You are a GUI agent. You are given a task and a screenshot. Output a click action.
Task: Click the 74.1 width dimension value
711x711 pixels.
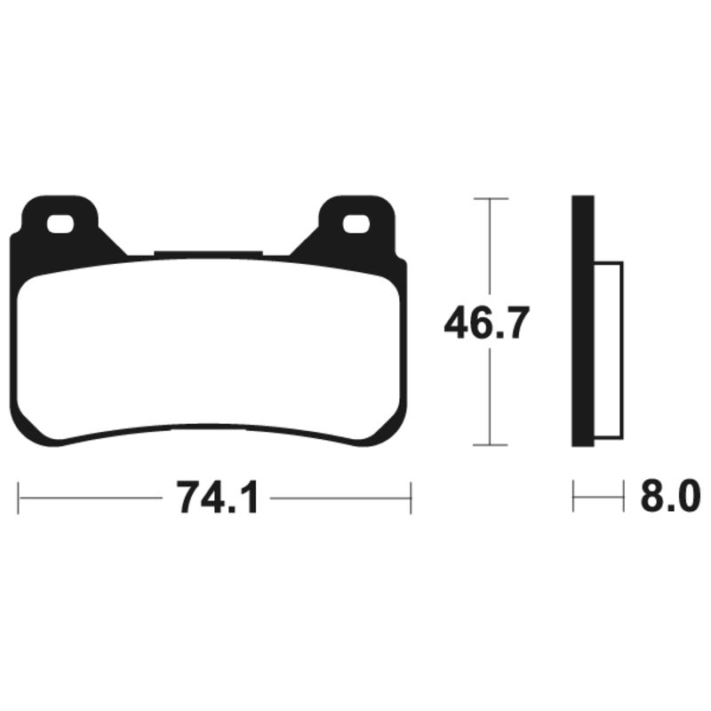[x=217, y=498]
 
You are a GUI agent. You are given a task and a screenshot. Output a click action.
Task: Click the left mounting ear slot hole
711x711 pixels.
[x=60, y=225]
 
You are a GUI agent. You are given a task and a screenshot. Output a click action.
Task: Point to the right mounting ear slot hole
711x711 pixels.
[x=356, y=225]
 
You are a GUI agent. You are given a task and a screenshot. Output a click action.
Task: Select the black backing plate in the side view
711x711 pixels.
[x=582, y=320]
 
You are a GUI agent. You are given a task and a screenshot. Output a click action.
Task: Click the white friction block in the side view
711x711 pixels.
[x=608, y=351]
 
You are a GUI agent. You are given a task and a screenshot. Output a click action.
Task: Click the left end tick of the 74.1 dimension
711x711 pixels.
[x=20, y=498]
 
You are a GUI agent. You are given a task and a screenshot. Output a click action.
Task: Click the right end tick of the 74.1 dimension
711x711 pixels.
[x=410, y=498]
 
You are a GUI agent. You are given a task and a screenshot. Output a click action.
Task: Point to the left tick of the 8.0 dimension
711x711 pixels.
[x=573, y=498]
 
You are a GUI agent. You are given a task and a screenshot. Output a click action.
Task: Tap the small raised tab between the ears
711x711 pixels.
[x=209, y=253]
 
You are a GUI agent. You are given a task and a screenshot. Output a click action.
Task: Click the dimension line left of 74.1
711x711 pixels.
[x=89, y=498]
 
